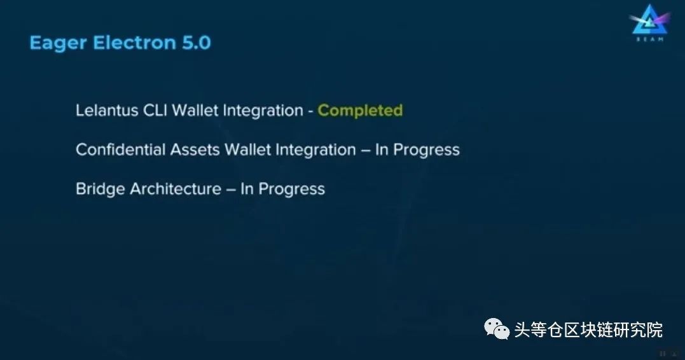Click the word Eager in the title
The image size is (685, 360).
coord(58,43)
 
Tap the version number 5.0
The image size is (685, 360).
coord(197,43)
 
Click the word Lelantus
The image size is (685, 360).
coord(107,110)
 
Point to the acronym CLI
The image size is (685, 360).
coord(155,110)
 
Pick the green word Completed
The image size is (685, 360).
coord(360,111)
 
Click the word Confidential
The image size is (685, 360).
coord(121,149)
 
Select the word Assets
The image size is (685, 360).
coord(195,150)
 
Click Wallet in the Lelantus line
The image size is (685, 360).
coord(195,110)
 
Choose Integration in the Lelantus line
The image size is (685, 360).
coord(263,111)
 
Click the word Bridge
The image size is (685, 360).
coord(100,190)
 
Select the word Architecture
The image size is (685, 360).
coord(176,189)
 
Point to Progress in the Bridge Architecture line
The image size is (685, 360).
coord(291,190)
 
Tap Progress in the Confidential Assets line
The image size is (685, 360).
coord(426,150)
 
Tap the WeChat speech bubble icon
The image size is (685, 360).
coord(497,329)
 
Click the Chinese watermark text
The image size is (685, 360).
coord(588,330)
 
